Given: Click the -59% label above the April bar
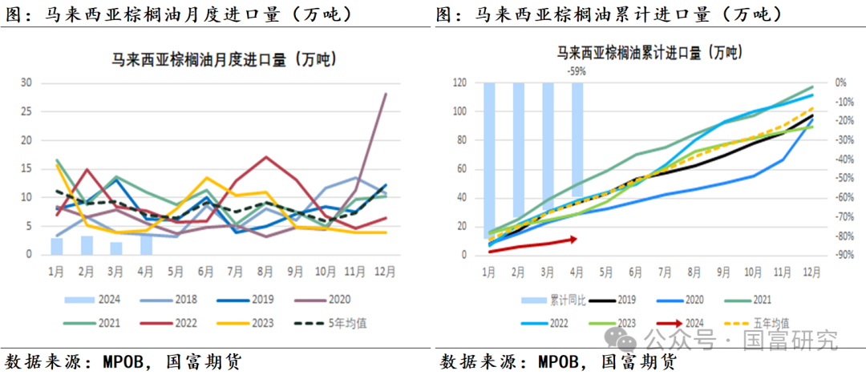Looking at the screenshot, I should pyautogui.click(x=577, y=71).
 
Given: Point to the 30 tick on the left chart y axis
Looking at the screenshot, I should pyautogui.click(x=26, y=83).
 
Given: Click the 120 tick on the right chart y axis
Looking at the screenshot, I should pyautogui.click(x=460, y=83).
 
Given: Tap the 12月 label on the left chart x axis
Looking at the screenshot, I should pyautogui.click(x=386, y=271).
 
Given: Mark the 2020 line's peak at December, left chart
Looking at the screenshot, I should pyautogui.click(x=386, y=94).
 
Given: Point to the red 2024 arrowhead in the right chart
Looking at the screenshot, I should pyautogui.click(x=574, y=238).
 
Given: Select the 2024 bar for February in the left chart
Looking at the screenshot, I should pyautogui.click(x=87, y=245).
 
